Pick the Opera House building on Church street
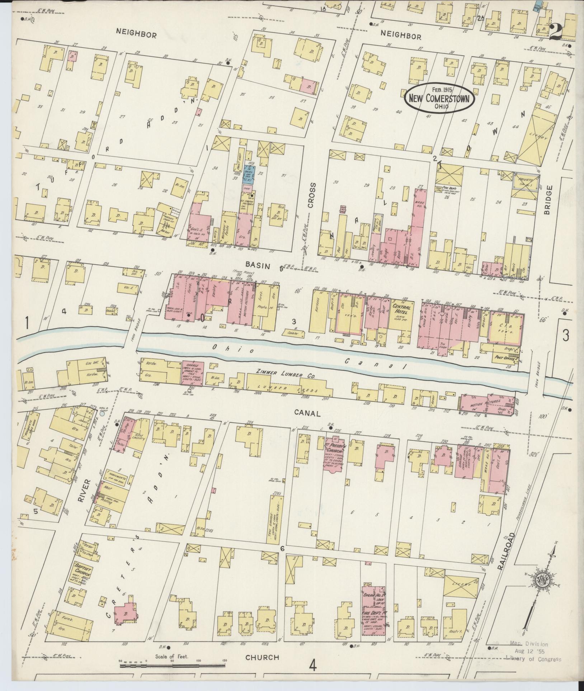pos(373,608)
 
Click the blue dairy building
pos(249,175)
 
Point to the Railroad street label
pos(506,554)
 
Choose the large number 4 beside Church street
pos(313,666)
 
